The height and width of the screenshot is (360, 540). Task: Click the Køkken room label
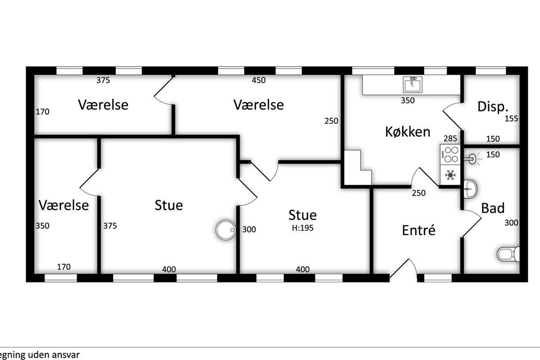[408, 132]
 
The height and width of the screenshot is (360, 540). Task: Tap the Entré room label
[419, 230]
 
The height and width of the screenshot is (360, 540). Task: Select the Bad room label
[493, 208]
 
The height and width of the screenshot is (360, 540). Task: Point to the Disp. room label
[493, 107]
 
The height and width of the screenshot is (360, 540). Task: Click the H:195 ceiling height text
[302, 228]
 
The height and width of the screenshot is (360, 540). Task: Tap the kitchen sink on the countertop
[413, 85]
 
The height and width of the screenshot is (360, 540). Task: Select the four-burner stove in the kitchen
[450, 154]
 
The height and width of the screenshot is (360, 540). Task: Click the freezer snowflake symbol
[450, 175]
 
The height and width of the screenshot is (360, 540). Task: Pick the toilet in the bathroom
[508, 254]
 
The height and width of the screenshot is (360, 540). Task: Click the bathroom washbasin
[470, 189]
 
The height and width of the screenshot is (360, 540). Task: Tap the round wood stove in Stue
[226, 230]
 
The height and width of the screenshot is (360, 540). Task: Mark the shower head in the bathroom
[472, 159]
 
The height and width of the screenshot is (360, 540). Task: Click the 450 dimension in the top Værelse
[259, 80]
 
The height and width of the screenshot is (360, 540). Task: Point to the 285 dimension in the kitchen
[450, 139]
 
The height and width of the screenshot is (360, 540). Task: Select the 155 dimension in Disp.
[511, 118]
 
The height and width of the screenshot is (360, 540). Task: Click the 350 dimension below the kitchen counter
[408, 100]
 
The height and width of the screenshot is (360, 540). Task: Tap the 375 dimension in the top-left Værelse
[103, 80]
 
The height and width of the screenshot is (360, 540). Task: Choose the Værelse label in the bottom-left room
[63, 205]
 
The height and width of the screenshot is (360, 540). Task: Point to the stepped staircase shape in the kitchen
[357, 167]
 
